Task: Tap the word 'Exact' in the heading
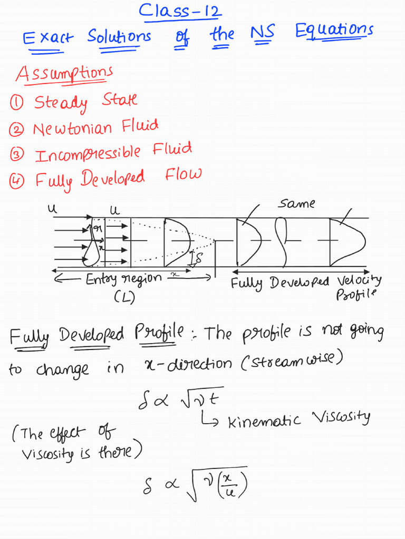click(x=49, y=38)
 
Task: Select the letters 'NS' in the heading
click(x=263, y=34)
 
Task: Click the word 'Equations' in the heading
click(x=334, y=31)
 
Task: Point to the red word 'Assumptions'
click(x=64, y=74)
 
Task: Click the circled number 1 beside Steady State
click(x=16, y=103)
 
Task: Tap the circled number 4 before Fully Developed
click(x=16, y=181)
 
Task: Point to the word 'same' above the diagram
click(x=296, y=204)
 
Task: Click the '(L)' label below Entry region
click(x=124, y=297)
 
